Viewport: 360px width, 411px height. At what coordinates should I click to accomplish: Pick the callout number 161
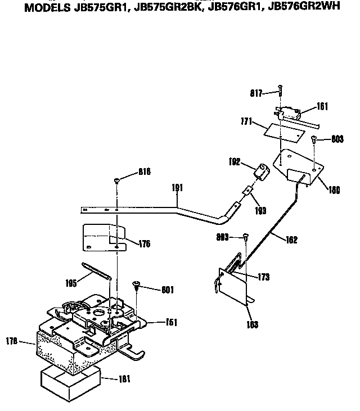(322, 106)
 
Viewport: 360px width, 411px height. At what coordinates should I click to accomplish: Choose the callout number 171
(245, 121)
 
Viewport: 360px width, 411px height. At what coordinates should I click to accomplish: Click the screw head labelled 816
(117, 180)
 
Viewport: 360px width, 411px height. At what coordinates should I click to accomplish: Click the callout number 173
(264, 277)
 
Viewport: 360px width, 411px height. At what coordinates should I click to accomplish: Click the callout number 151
(171, 322)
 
